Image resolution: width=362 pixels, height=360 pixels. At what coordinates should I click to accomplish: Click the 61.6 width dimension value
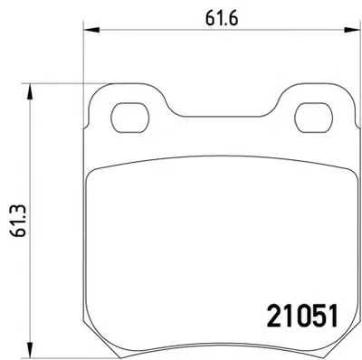click(222, 18)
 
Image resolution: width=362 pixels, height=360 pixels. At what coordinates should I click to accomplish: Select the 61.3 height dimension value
click(19, 221)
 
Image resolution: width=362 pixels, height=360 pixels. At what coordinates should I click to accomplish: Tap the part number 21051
click(302, 316)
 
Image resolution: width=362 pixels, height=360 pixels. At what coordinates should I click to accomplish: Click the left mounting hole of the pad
click(130, 118)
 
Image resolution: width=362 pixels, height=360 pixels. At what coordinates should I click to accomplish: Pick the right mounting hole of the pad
click(313, 118)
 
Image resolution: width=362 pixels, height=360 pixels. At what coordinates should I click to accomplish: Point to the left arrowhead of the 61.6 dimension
click(91, 30)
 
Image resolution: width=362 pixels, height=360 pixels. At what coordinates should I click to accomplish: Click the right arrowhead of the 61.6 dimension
click(353, 30)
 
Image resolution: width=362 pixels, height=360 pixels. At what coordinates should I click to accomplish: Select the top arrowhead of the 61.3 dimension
click(29, 91)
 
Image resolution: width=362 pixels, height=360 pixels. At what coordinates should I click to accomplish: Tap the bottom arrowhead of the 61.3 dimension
click(29, 350)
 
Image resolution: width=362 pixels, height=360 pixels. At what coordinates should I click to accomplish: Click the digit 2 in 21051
click(274, 316)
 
